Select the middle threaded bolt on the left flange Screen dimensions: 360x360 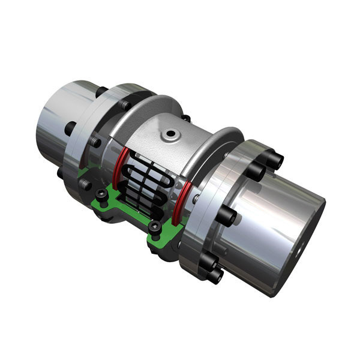click(95, 143)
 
